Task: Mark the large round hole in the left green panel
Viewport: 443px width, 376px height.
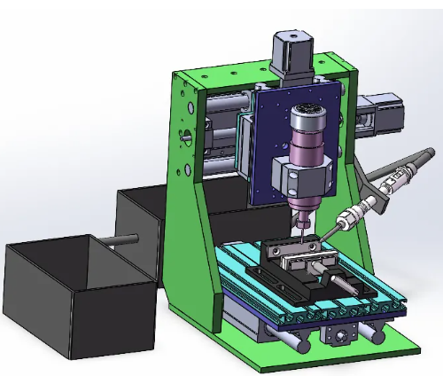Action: click(x=185, y=137)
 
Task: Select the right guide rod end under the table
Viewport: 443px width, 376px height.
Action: click(x=373, y=333)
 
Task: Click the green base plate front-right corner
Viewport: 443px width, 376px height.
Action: click(x=413, y=341)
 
